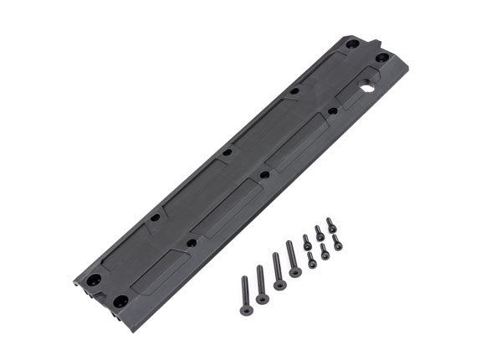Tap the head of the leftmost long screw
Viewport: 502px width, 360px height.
click(246, 311)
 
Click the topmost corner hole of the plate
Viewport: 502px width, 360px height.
click(352, 44)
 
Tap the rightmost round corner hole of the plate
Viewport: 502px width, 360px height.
click(382, 58)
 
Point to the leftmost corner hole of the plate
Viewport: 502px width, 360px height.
click(95, 279)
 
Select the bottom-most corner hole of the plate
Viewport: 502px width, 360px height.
click(121, 300)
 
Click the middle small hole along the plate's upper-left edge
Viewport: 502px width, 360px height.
click(227, 153)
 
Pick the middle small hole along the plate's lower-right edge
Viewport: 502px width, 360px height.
click(264, 175)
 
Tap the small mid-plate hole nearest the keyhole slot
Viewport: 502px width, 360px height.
click(332, 111)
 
